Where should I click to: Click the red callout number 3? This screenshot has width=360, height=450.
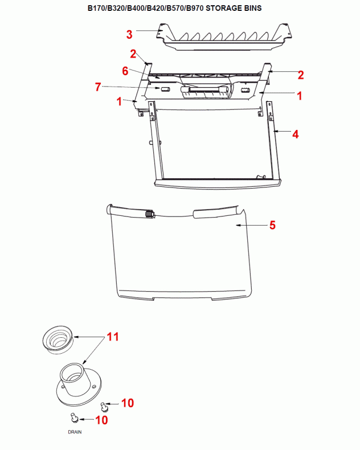(129, 34)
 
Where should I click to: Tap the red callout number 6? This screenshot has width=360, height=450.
(125, 71)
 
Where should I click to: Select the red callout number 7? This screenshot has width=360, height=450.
(98, 87)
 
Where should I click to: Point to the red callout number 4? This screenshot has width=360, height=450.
(296, 134)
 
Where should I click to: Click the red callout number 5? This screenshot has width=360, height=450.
(272, 226)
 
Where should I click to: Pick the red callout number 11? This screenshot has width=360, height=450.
(113, 337)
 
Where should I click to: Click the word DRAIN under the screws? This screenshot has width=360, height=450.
(75, 432)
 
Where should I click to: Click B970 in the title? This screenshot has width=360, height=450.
(195, 8)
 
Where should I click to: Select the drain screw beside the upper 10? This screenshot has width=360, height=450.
(103, 406)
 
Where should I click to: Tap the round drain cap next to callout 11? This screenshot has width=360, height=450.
(58, 339)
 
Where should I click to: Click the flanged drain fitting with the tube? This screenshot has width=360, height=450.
(79, 384)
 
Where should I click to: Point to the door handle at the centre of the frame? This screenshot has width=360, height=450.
(205, 92)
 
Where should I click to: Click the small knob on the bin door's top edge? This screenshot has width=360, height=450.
(150, 214)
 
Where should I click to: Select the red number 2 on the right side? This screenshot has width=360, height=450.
(301, 75)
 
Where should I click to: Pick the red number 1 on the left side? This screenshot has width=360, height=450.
(119, 101)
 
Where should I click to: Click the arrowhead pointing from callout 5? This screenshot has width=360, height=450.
(238, 226)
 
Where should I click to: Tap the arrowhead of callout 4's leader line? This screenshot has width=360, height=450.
(276, 131)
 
